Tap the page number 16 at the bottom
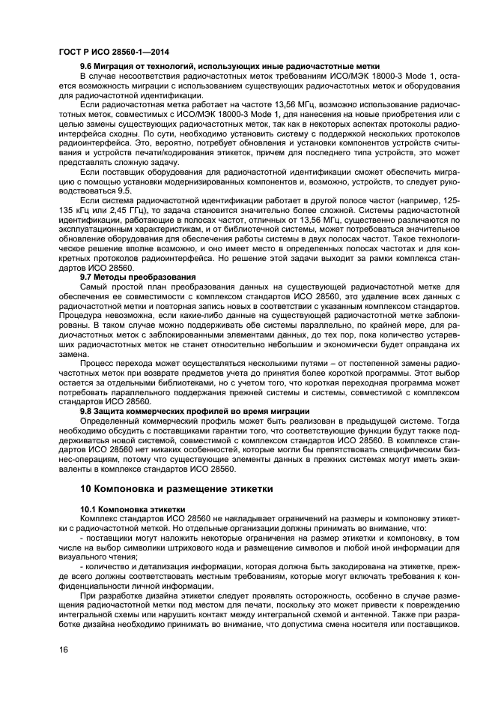pos(63,651)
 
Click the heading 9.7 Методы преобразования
pos(138,277)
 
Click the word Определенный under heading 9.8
pos(112,420)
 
